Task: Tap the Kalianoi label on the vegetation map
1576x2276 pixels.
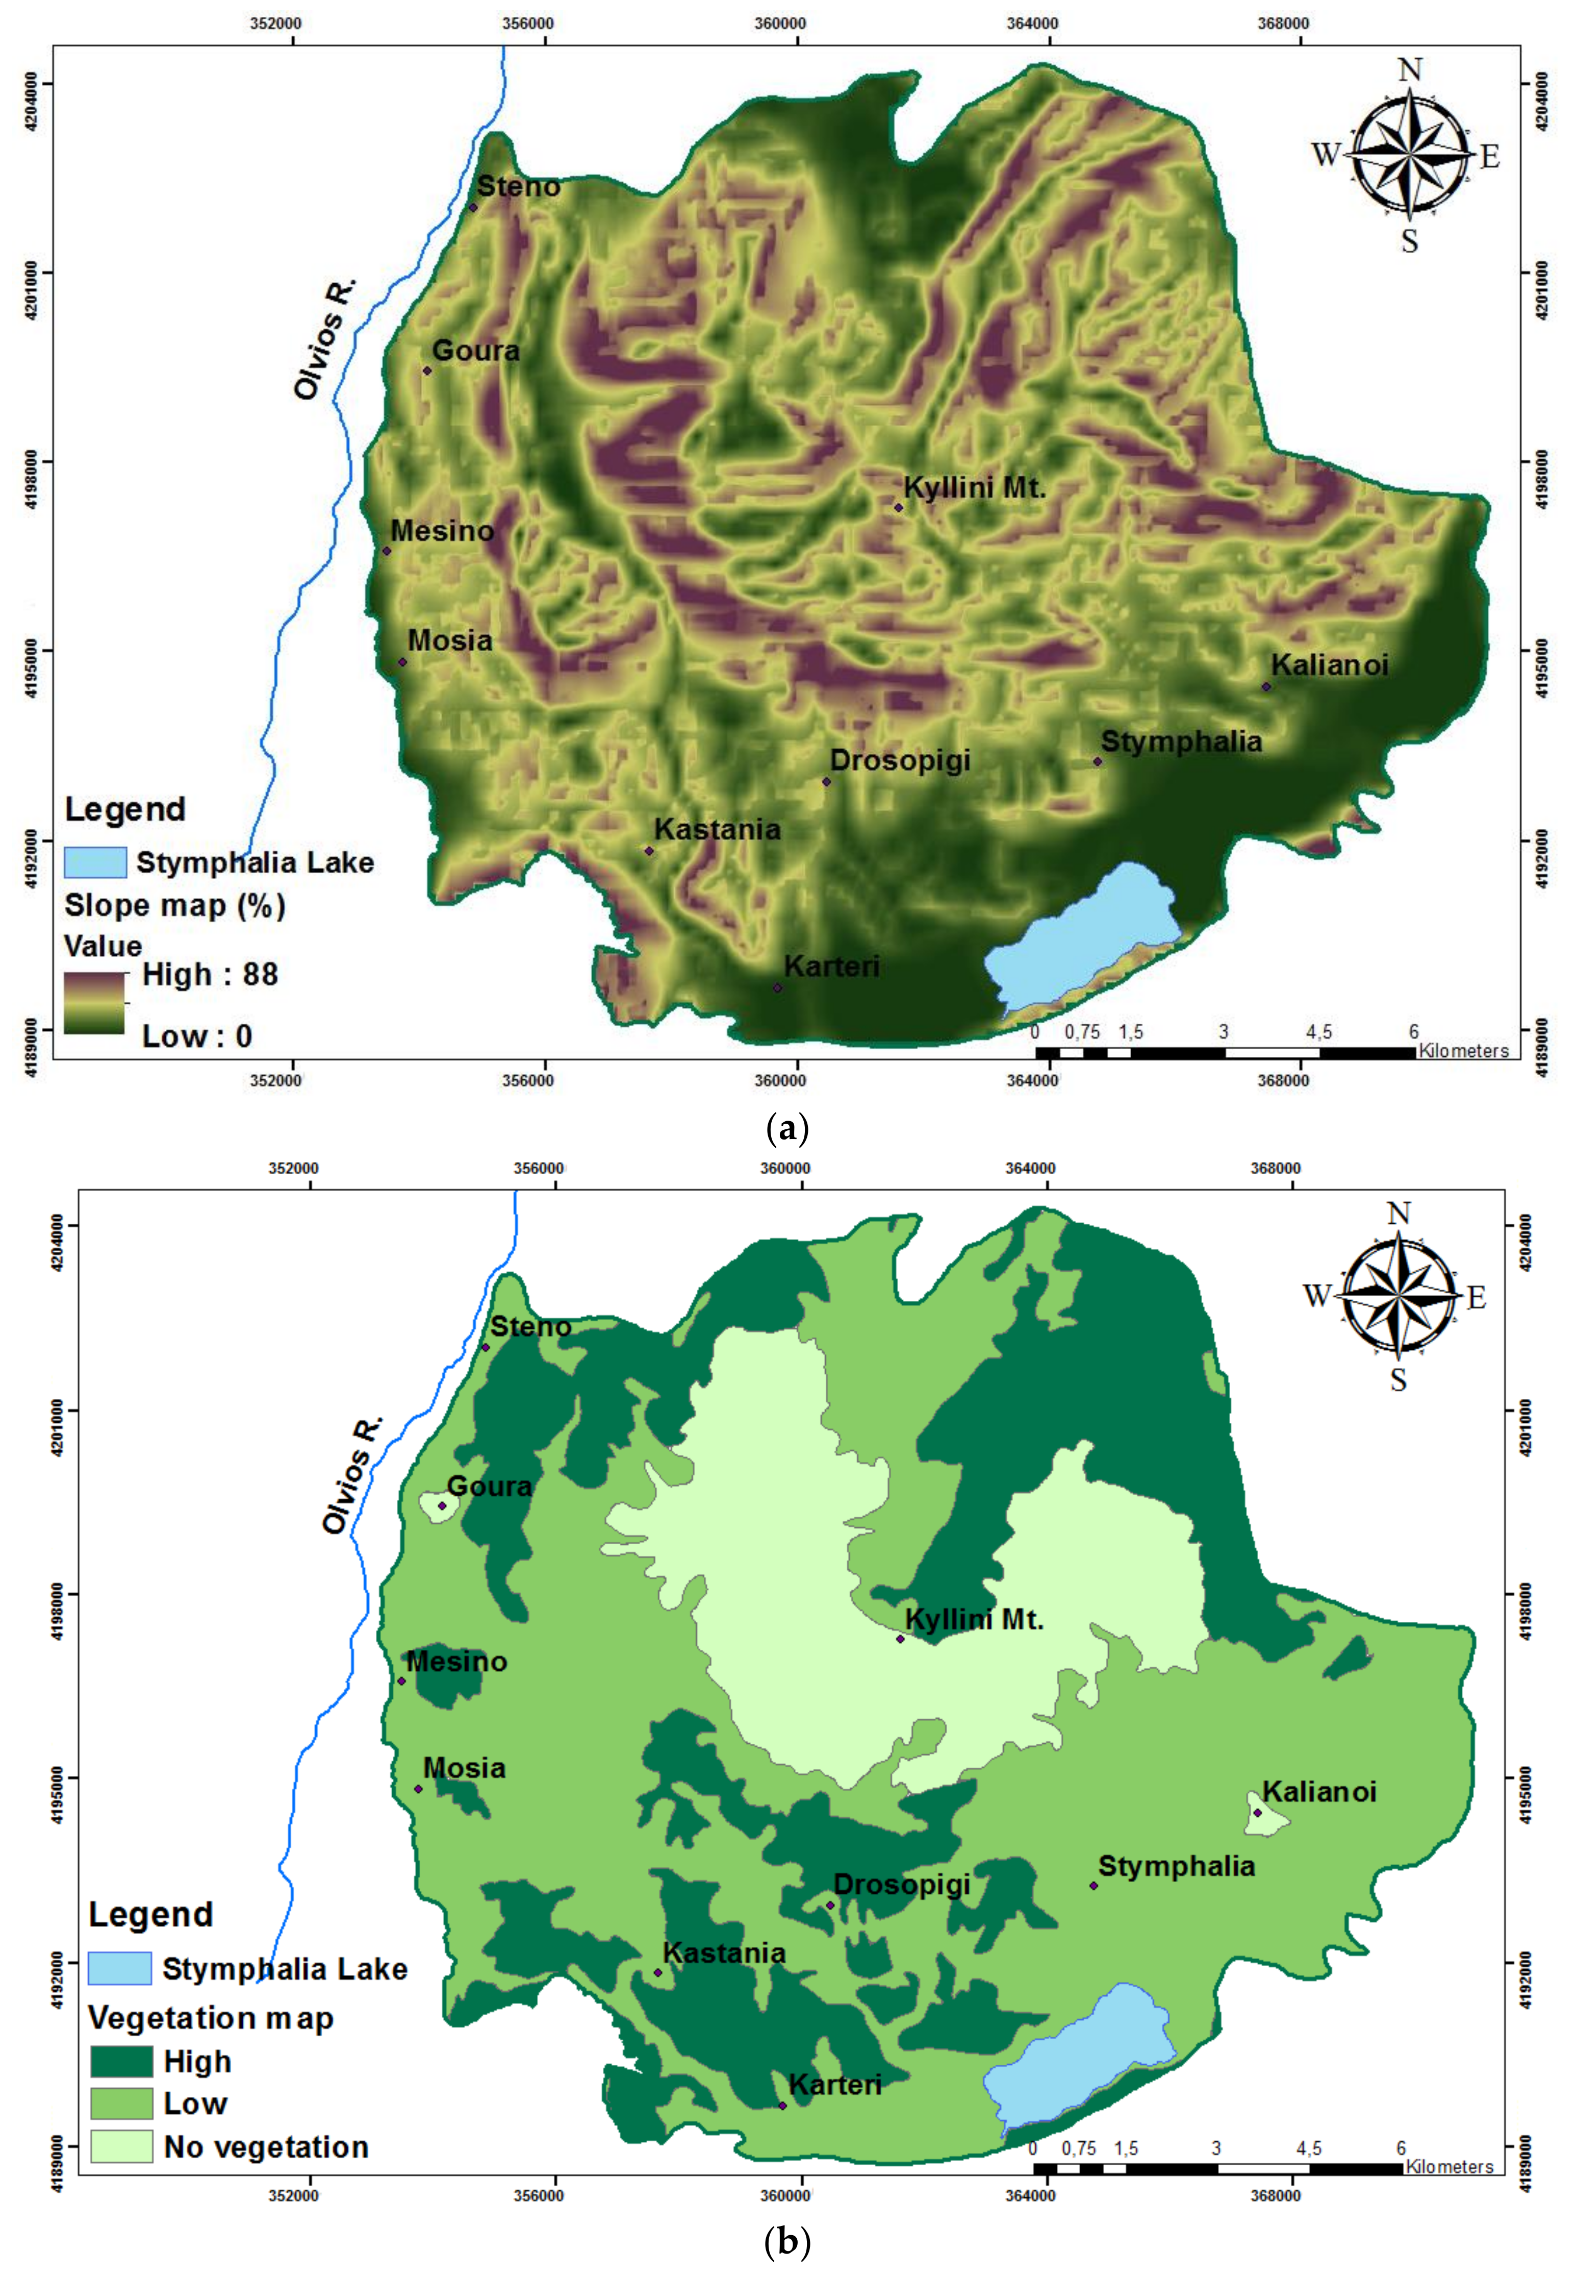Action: coord(1319,1791)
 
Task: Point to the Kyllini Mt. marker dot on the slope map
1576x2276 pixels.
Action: coord(899,508)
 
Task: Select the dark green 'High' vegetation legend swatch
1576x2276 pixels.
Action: coord(121,2062)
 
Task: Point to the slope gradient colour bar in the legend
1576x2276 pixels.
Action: coord(95,1003)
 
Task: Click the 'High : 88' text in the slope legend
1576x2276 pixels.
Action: coord(209,975)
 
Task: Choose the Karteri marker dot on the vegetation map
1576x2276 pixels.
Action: coord(782,2105)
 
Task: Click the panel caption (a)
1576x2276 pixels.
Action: coord(787,1128)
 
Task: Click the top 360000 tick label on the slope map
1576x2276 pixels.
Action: coord(779,23)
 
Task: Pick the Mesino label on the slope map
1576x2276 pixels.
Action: coord(441,531)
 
